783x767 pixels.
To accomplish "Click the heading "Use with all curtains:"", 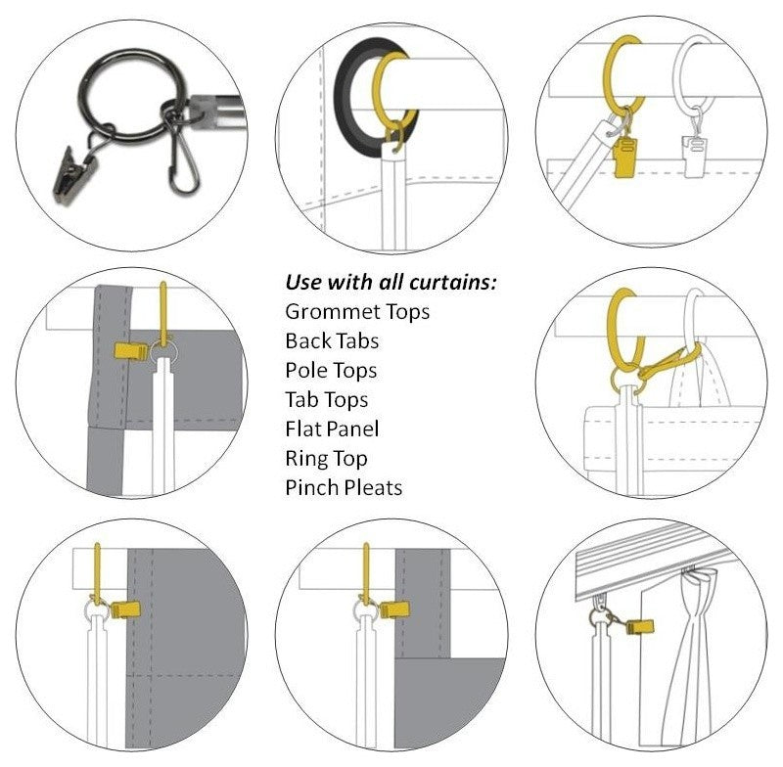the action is pos(391,283).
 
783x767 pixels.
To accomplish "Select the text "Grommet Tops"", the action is pos(357,312).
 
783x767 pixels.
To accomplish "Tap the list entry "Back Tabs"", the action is pos(332,341).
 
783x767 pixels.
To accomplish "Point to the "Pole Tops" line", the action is pos(331,371).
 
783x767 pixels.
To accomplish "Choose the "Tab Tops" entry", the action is pos(327,400).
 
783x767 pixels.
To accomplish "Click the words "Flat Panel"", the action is pos(332,429).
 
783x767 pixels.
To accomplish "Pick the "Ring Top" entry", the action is pos(326,459).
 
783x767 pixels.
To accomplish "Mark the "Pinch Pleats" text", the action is pos(344,487).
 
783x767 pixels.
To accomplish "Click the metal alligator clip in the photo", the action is pos(74,175).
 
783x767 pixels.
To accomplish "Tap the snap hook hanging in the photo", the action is pos(183,164).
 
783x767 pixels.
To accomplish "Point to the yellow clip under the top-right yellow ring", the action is pos(624,158).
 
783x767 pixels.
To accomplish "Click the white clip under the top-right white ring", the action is pos(694,157).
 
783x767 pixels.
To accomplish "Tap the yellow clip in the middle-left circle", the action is pos(132,351).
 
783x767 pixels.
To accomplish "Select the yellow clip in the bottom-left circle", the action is pos(125,609).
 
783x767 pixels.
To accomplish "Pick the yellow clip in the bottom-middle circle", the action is pos(394,609).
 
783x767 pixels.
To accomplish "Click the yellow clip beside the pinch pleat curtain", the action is pos(640,626).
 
